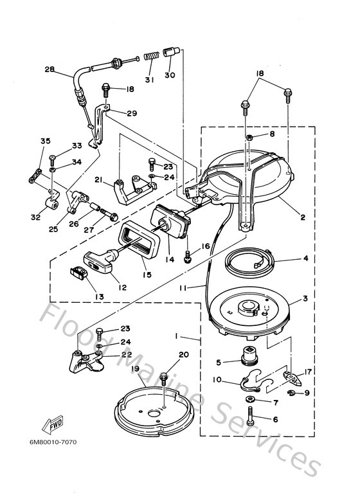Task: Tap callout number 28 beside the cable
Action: [50, 70]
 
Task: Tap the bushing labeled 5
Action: [246, 354]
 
